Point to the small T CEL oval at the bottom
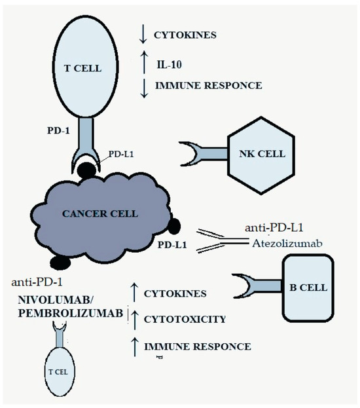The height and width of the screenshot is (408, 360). (58, 371)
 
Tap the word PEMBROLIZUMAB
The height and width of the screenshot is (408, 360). (62, 314)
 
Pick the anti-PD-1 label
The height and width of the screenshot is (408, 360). (37, 282)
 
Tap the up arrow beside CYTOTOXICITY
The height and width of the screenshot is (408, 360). (135, 319)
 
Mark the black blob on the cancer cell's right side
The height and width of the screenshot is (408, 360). (175, 227)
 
